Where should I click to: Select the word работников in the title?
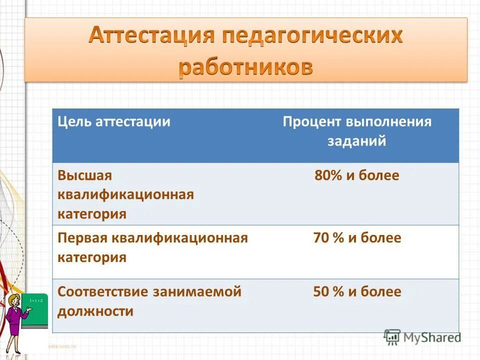(246, 67)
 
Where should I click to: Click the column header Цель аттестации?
(114, 122)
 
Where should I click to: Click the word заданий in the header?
(357, 141)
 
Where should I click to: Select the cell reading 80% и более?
(357, 175)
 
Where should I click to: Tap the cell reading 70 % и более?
(357, 238)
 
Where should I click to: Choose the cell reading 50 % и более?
(357, 292)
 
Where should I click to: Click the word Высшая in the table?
(84, 175)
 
